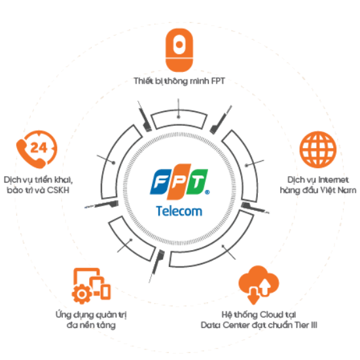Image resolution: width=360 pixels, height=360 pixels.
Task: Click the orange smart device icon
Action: pos(179,50)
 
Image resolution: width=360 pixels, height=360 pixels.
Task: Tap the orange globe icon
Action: pos(317,149)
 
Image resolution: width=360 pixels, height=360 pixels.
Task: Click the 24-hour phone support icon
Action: pos(37,149)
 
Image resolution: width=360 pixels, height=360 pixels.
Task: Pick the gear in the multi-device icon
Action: pos(82,294)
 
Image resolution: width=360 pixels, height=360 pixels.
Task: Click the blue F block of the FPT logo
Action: pos(161,182)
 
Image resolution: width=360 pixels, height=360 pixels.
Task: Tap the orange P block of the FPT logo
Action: pos(179,181)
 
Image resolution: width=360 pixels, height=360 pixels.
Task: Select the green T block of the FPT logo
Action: pos(197,182)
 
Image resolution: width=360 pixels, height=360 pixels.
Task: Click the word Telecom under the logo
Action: pos(179,211)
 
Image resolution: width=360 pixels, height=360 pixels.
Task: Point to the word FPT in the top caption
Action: pos(218,81)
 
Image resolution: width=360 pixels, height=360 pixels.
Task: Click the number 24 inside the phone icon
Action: pos(39,148)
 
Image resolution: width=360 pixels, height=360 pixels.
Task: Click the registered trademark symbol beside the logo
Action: pos(207,192)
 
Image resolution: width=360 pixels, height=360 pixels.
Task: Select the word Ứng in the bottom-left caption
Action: pos(63,315)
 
